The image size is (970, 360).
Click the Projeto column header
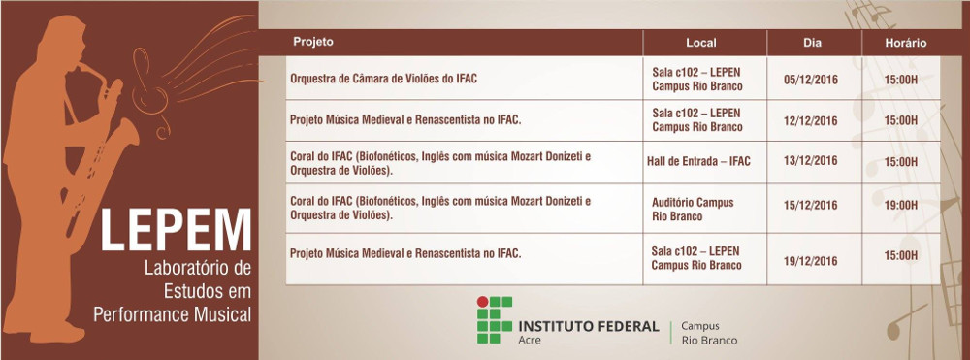tap(313, 42)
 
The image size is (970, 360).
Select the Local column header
tap(701, 43)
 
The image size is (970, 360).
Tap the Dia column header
tap(812, 43)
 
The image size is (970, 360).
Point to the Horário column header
tap(906, 43)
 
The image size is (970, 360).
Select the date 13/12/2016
tap(810, 161)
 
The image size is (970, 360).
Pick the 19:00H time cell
tap(901, 205)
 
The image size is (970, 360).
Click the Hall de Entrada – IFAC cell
tap(698, 161)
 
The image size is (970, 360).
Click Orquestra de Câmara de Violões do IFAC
tap(383, 79)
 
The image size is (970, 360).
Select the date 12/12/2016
tap(810, 120)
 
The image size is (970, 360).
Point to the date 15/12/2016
tap(810, 205)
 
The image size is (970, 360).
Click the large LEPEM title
tap(176, 230)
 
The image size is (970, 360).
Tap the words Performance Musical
tap(173, 314)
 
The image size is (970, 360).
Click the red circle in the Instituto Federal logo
tap(482, 302)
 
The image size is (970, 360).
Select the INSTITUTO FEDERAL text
tap(589, 326)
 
